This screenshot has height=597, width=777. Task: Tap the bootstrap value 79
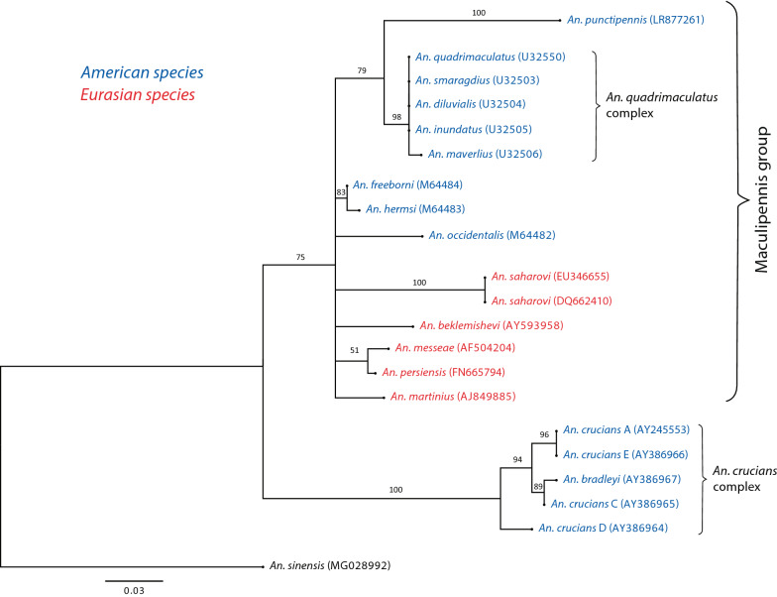(373, 70)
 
